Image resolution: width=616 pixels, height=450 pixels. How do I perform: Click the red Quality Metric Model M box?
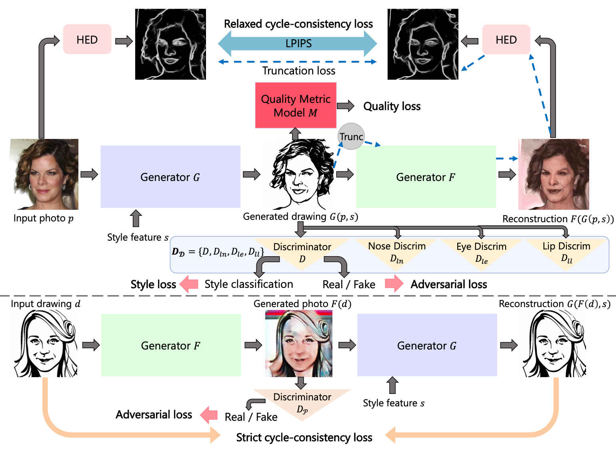(296, 105)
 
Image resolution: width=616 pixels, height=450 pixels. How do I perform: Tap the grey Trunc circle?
(351, 137)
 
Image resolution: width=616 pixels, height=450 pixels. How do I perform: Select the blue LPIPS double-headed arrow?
(298, 43)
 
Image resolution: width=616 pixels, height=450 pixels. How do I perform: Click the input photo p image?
(44, 174)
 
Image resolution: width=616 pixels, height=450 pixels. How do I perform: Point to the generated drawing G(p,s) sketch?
(298, 175)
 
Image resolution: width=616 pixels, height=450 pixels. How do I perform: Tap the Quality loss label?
(392, 106)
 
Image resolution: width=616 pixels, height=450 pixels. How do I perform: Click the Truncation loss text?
(298, 71)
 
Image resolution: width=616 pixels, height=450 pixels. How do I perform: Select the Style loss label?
(153, 284)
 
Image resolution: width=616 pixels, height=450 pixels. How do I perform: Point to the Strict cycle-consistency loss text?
(304, 437)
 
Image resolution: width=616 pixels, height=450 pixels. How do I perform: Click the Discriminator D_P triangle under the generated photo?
(302, 402)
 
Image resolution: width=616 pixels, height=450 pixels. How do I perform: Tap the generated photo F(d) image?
(298, 344)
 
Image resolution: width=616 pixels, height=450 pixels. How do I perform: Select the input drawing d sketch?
(44, 344)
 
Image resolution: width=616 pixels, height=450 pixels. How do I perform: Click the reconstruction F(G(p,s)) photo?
(554, 174)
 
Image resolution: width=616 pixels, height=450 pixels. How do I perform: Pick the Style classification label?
(249, 284)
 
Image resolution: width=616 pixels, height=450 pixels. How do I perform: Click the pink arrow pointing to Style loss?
(189, 284)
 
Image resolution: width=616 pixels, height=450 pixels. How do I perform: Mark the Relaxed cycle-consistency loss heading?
(298, 24)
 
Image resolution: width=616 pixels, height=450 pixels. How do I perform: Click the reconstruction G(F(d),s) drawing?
(554, 344)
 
